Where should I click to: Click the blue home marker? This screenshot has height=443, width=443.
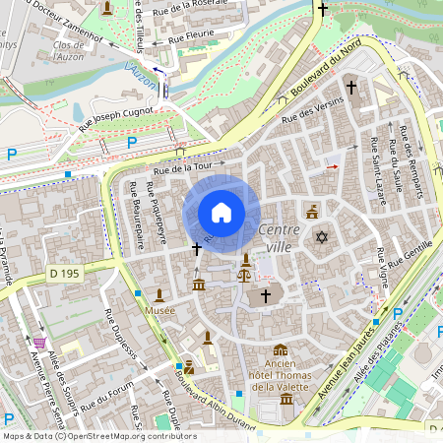click(x=221, y=213)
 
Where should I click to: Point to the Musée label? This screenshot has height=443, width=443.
click(x=159, y=310)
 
